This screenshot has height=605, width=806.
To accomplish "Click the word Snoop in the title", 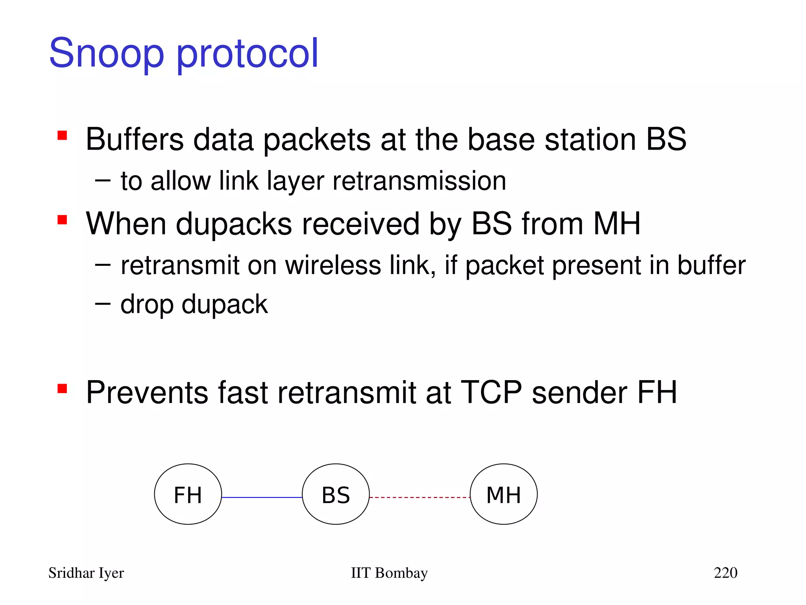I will [106, 53].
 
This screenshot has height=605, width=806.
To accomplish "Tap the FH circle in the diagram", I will [188, 494].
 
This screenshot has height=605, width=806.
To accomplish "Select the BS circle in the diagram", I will [336, 494].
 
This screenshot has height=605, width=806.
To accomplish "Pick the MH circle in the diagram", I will [504, 494].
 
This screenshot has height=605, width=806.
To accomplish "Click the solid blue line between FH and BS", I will [262, 497].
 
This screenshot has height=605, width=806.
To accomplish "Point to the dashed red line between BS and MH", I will [420, 497].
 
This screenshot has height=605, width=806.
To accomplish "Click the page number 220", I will [725, 573].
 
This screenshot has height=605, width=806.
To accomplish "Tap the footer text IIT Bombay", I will [389, 573].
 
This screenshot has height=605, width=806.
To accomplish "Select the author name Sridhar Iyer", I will [86, 573].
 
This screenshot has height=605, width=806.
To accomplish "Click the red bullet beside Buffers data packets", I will [62, 135].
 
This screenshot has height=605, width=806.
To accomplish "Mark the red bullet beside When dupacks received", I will [62, 219].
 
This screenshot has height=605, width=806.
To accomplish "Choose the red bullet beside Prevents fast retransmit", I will [62, 388].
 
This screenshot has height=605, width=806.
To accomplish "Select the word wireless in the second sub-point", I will [333, 265].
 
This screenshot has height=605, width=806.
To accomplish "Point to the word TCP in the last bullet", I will [491, 392].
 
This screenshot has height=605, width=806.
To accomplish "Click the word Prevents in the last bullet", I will [147, 392].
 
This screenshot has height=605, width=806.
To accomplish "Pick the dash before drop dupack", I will [102, 303].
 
